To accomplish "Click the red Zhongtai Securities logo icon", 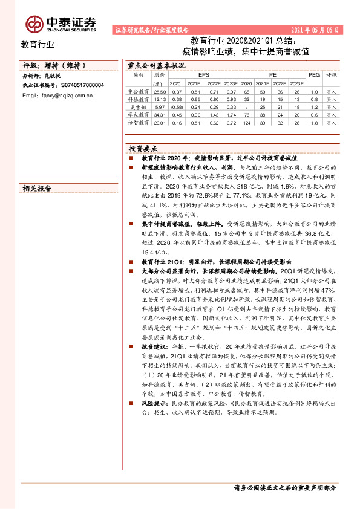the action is click(x=34, y=23).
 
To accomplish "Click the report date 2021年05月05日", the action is click(x=315, y=29).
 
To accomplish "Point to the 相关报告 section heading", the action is click(x=37, y=188).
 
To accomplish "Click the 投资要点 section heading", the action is click(x=143, y=148).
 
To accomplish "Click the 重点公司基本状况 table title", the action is click(x=152, y=65).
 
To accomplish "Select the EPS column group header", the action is click(x=203, y=74).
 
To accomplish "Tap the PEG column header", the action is click(x=313, y=74).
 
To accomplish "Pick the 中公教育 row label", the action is click(x=139, y=91).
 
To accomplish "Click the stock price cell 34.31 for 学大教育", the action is click(x=160, y=114).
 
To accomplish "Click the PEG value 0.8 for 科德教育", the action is click(x=313, y=99).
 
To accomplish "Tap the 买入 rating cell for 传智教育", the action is click(x=332, y=122).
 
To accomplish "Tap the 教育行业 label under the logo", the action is click(x=38, y=44).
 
